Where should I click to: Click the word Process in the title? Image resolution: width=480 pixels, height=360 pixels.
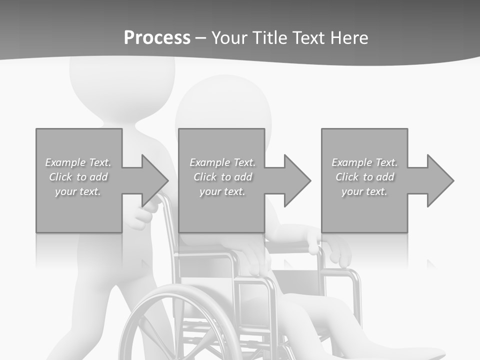tap(157, 38)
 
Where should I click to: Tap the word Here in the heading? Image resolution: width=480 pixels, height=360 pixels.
tap(349, 38)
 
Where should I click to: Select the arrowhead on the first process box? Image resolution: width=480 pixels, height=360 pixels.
tap(153, 180)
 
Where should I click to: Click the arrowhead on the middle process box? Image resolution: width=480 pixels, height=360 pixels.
tap(296, 180)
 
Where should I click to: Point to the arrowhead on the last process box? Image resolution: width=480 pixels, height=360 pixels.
tap(439, 180)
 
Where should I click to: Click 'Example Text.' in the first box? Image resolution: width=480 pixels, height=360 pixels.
tap(78, 162)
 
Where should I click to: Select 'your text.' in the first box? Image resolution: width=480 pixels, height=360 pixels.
tap(78, 191)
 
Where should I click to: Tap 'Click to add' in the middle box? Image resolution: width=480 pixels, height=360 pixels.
tap(222, 177)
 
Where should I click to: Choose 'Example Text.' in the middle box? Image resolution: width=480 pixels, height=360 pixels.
tap(222, 162)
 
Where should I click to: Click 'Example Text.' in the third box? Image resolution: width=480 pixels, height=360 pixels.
tap(364, 162)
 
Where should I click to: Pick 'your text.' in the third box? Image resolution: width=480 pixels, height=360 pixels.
tap(364, 191)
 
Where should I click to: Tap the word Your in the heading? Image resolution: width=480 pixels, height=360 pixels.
tap(229, 38)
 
